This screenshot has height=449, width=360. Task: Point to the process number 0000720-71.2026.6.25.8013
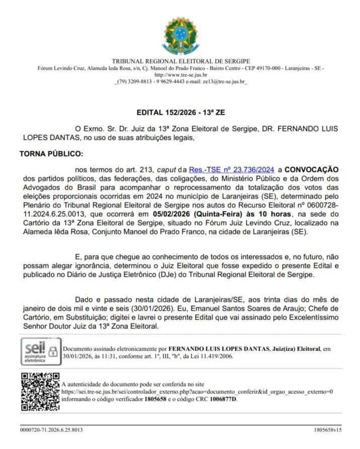[x=51, y=430]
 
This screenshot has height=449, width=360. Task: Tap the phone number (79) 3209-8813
[x=133, y=81]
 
